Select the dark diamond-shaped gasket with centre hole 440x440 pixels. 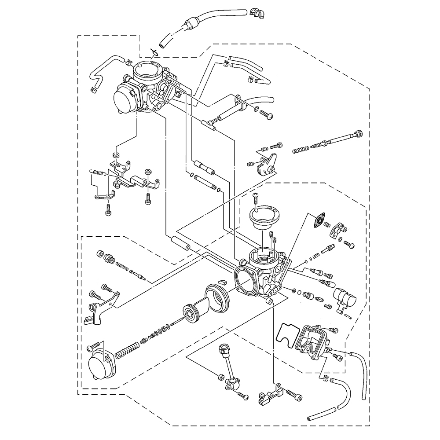(x=318, y=220)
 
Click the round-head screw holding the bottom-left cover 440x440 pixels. (x=92, y=348)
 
